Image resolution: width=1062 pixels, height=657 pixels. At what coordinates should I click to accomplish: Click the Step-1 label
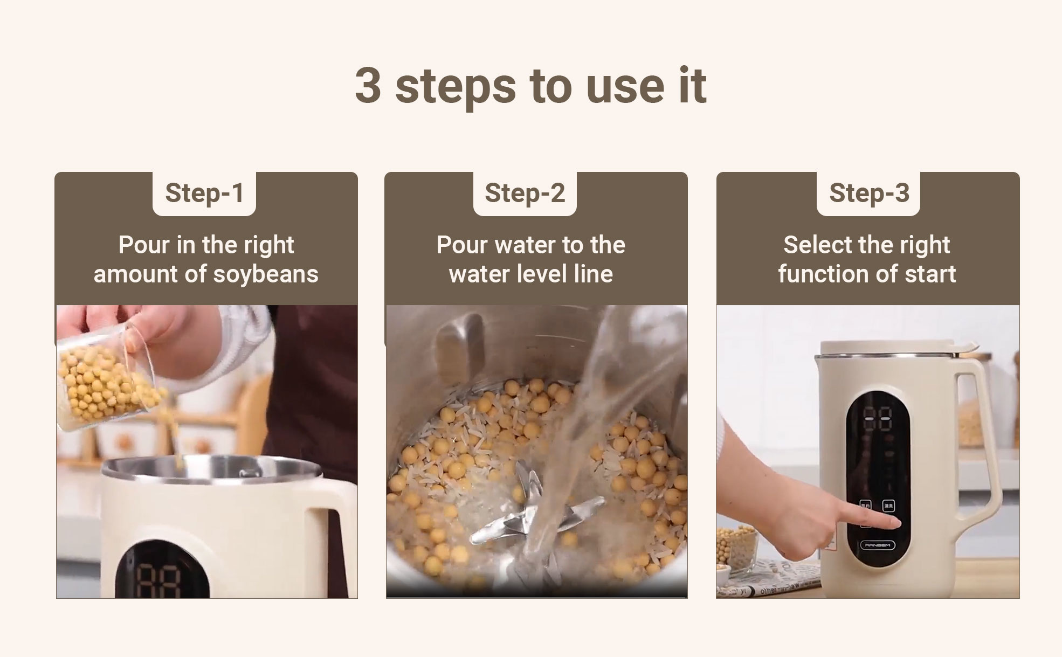tap(204, 193)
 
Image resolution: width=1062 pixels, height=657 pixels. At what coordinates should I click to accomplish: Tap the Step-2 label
tap(525, 193)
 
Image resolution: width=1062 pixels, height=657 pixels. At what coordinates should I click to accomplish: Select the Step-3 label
tap(869, 193)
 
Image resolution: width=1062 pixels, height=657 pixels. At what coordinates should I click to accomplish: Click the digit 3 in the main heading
tap(368, 85)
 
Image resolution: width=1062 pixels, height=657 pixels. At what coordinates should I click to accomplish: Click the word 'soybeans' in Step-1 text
tap(266, 274)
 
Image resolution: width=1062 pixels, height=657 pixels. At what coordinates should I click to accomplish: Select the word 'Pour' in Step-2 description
tap(463, 245)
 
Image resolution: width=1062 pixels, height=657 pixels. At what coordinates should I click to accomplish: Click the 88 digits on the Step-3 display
tap(878, 419)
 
